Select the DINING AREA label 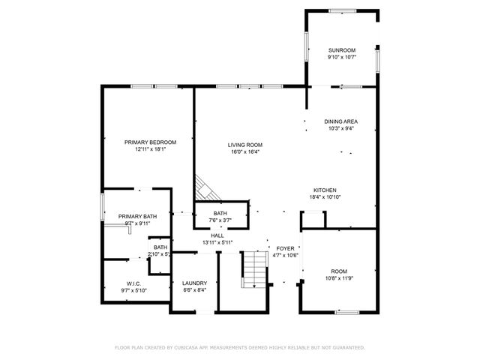click(x=340, y=121)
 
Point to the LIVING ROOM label click(x=244, y=145)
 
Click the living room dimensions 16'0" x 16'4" click(x=244, y=151)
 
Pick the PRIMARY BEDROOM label click(x=150, y=142)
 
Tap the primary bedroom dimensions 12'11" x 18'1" click(x=150, y=148)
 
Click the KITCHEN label click(x=325, y=190)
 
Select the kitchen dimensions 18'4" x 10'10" click(x=325, y=197)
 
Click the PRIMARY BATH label click(x=137, y=216)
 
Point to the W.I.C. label click(x=133, y=283)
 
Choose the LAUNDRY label click(x=194, y=283)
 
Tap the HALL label click(x=217, y=235)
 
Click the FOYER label click(x=285, y=248)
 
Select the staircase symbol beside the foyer click(x=256, y=269)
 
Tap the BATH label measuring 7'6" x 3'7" click(x=220, y=214)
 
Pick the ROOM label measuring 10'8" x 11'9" click(x=339, y=271)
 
